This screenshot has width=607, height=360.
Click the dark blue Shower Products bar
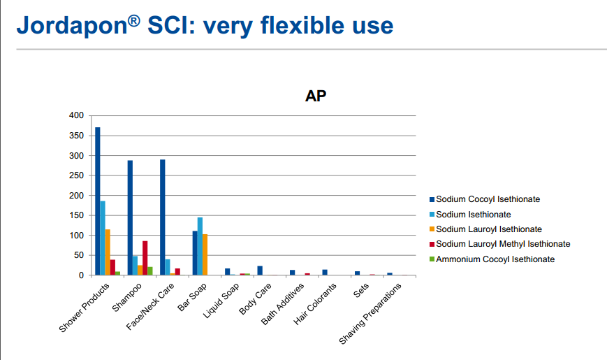coord(98,201)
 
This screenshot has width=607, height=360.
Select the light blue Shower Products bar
coord(103,238)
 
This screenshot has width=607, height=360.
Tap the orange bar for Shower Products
coord(108,252)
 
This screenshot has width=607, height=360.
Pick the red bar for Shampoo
coord(145,258)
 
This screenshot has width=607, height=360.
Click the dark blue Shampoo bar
coord(130,218)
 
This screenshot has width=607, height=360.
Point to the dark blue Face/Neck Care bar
coord(163,217)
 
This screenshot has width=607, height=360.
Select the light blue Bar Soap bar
coord(200,247)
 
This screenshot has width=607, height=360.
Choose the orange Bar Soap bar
coord(205,254)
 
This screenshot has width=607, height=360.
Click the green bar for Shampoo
coord(150,271)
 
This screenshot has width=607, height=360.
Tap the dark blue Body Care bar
coord(260,271)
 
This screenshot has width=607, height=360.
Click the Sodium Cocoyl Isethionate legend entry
coord(485,199)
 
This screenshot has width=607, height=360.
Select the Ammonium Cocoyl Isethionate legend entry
coord(492,259)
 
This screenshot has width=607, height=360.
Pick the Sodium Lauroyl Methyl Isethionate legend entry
coord(499,244)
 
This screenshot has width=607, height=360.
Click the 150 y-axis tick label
coord(76,215)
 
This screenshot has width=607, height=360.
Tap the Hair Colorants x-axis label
coord(315,304)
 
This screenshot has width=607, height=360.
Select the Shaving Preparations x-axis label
coord(370,314)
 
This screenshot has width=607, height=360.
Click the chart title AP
coord(316,96)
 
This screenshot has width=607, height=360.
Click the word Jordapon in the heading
coord(72,26)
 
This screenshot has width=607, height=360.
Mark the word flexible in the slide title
coord(302,25)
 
